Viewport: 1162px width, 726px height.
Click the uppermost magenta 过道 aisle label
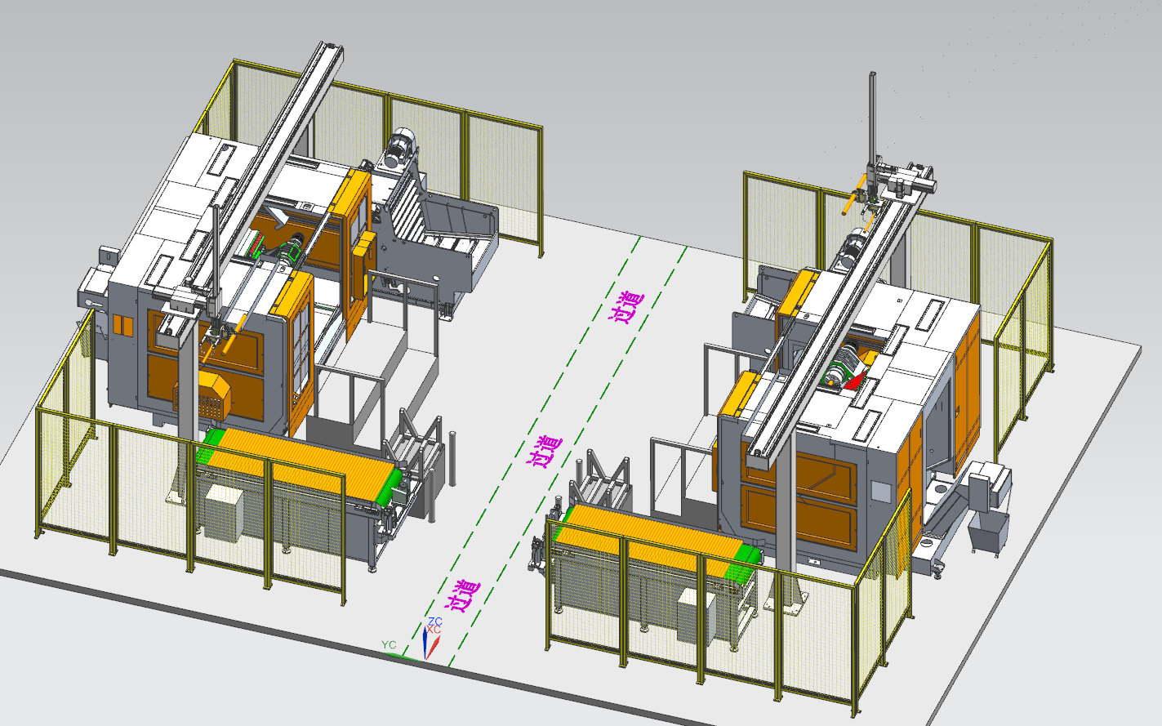click(626, 308)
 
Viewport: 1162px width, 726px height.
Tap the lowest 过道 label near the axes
click(462, 596)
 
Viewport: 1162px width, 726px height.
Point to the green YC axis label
click(389, 644)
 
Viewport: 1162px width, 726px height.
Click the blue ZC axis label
click(435, 621)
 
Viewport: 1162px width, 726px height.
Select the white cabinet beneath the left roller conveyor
click(224, 513)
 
